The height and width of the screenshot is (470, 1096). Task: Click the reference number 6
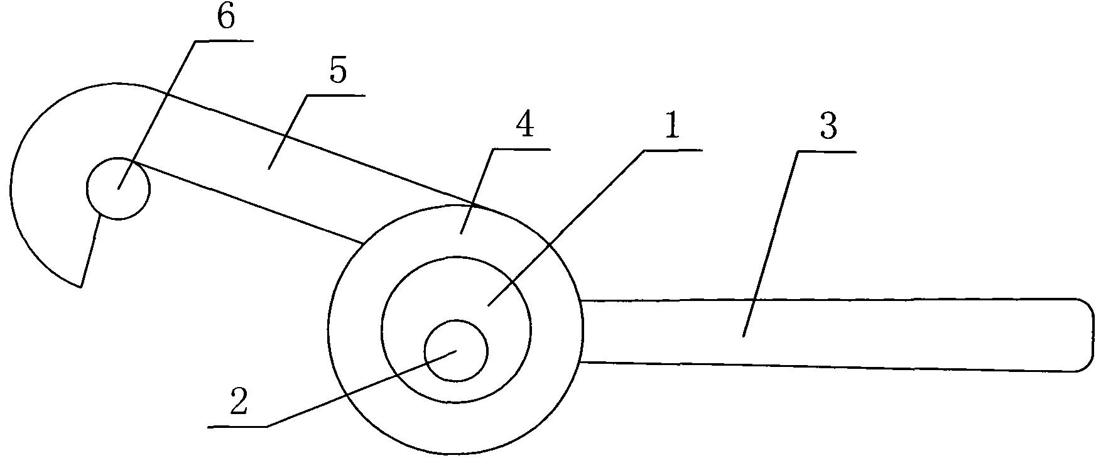point(225,18)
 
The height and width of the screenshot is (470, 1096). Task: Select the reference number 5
point(337,72)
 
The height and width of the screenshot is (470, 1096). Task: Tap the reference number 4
point(524,126)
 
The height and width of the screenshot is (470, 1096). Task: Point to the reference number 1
point(671,128)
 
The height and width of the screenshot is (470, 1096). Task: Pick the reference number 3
point(828,128)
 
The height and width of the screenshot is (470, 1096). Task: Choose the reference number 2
point(238,402)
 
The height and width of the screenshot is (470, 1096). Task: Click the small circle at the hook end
point(118,188)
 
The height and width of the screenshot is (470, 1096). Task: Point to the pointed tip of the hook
point(80,287)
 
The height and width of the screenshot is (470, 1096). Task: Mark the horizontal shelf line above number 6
point(224,41)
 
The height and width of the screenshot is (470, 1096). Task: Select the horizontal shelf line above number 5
point(336,96)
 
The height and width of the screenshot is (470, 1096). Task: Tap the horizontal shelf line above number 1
point(673,150)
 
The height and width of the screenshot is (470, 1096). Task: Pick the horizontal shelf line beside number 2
point(237,427)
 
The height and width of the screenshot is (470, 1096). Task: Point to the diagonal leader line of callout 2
point(362,389)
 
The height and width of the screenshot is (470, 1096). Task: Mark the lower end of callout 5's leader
point(269,168)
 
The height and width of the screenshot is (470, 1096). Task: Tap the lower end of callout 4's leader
point(460,234)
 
